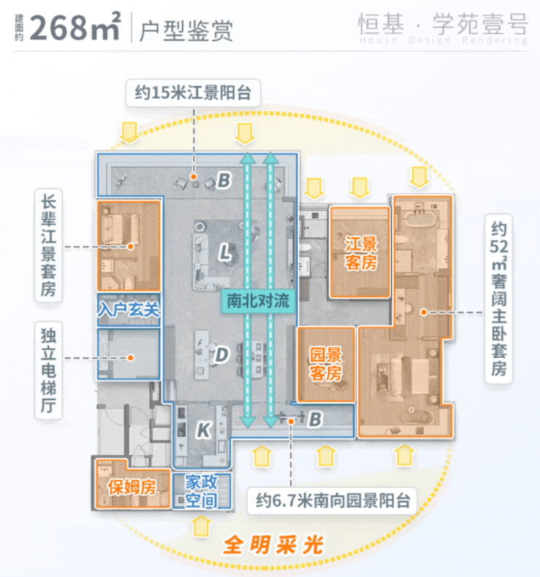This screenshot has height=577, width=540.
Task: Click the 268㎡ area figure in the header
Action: (x=74, y=26)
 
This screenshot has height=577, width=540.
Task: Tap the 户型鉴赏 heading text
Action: (x=186, y=30)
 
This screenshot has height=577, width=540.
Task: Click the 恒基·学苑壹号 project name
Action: (x=443, y=24)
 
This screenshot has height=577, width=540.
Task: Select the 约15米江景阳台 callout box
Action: (x=193, y=93)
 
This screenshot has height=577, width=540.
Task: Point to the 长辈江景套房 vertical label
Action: (x=48, y=245)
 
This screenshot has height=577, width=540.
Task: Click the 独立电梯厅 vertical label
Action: (x=48, y=370)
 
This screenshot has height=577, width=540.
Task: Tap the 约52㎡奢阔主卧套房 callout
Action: (x=499, y=299)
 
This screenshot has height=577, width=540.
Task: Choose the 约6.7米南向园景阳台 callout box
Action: (x=333, y=501)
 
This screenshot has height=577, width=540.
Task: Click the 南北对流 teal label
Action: (x=258, y=301)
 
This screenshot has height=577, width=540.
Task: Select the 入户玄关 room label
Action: (x=129, y=309)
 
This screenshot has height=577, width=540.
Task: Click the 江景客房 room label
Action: (x=360, y=253)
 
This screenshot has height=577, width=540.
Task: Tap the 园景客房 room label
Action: (x=325, y=364)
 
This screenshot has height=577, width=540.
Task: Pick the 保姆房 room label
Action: (x=132, y=487)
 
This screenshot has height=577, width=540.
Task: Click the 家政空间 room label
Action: (x=201, y=491)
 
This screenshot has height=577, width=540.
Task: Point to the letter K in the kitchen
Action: (x=204, y=430)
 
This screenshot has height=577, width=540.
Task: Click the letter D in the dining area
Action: (x=222, y=355)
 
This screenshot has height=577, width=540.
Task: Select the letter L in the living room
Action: (x=225, y=253)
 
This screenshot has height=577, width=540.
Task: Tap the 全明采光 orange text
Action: (x=273, y=545)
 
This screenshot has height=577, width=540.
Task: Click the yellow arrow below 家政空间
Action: (x=201, y=526)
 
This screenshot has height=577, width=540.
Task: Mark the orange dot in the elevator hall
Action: (x=131, y=357)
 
